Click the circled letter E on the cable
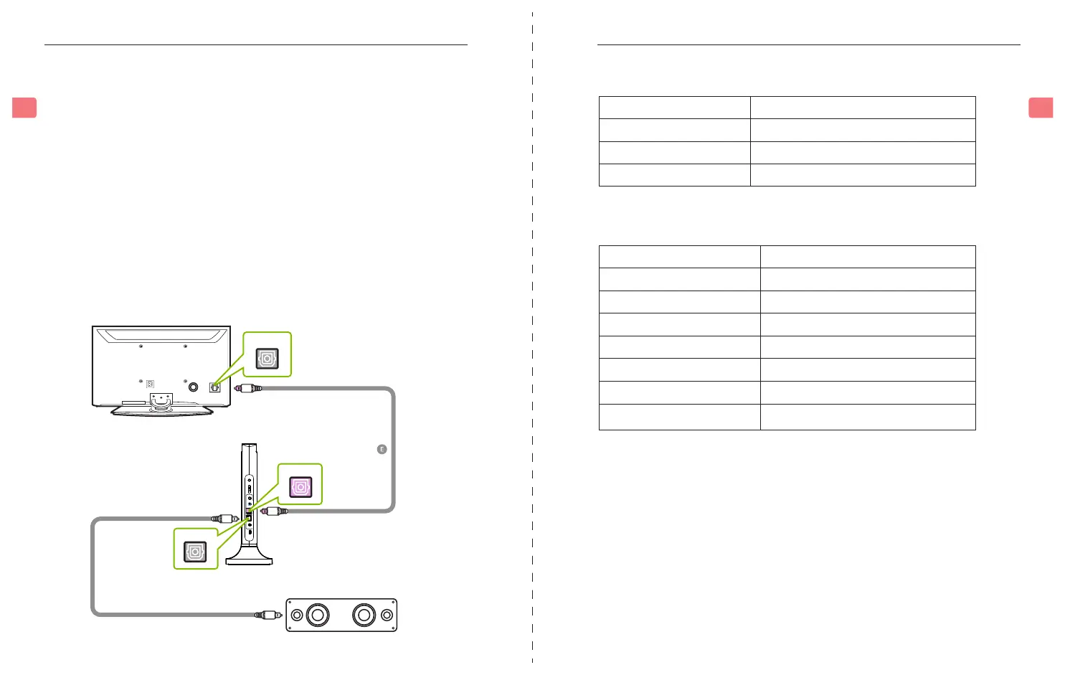tap(382, 449)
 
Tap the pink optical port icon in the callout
tap(300, 487)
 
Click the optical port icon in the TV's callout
tap(268, 358)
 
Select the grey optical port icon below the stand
tap(196, 551)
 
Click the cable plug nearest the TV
tap(247, 388)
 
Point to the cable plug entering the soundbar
tap(268, 615)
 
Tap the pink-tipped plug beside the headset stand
tap(274, 511)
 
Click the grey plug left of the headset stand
tap(225, 518)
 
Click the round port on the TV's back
tap(193, 387)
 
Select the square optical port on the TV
tap(214, 387)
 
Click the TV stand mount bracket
tap(161, 402)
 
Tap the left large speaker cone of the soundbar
tap(318, 615)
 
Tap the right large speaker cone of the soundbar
tap(364, 615)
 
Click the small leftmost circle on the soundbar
tap(297, 615)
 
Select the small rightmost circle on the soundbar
tap(387, 615)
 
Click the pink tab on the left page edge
tap(24, 108)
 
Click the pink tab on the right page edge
tap(1041, 108)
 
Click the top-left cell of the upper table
tap(674, 108)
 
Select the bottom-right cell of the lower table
tap(867, 417)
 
